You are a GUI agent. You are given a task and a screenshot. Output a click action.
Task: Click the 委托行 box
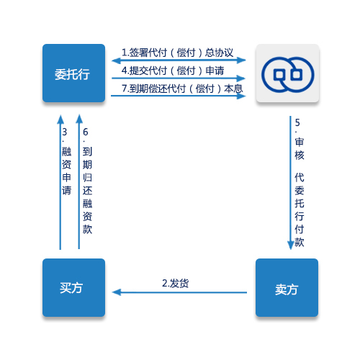coord(73,73)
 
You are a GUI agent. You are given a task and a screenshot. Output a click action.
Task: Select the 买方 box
coord(73,287)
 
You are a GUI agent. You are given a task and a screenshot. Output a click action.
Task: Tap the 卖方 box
coord(287,287)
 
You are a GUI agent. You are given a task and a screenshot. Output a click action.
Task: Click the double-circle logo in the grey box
coord(288,74)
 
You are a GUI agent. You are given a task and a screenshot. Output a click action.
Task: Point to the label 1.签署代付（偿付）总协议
coord(177,53)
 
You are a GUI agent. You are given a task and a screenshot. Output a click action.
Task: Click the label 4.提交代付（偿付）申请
coord(173,71)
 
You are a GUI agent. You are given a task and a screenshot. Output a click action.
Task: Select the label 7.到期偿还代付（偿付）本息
coord(182,89)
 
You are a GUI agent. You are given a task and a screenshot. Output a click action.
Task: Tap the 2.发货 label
coord(176,283)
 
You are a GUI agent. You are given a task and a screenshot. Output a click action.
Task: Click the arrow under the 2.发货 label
coord(179,292)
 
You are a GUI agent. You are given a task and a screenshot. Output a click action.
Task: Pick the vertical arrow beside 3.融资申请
coord(60,182)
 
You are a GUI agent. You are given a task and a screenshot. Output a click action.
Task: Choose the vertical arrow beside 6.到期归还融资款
coord(79,182)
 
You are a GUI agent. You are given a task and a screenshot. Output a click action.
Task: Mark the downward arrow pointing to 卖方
coord(291,183)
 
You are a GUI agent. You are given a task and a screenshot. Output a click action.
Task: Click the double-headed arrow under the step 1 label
coord(179,60)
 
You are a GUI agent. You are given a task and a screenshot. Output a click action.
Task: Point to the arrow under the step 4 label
coord(179,78)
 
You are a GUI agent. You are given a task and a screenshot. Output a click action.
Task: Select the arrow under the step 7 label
coord(179,96)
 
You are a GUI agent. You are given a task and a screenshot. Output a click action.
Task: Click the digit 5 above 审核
coord(297,122)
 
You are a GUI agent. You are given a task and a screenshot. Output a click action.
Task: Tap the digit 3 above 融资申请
coord(65,132)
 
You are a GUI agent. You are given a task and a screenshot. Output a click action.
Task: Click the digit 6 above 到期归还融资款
coord(86,132)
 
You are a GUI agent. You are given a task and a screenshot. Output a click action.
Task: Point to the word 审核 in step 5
coord(300,149)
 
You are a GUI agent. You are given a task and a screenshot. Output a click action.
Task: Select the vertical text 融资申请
coord(66,171)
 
